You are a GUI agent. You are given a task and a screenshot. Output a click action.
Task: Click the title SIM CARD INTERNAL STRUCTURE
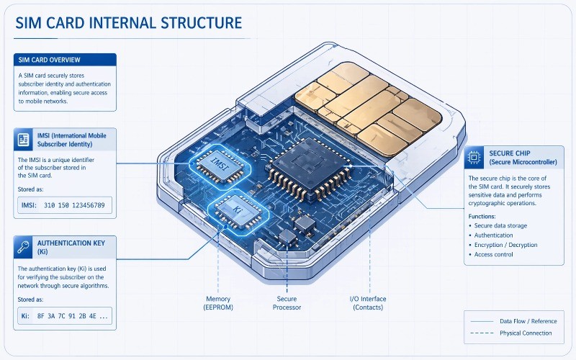(x=128, y=23)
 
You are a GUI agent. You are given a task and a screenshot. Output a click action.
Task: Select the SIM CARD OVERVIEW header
(x=50, y=58)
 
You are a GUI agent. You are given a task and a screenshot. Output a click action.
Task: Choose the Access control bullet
(x=494, y=255)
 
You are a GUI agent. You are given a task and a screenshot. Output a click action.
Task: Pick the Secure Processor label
(x=287, y=302)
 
